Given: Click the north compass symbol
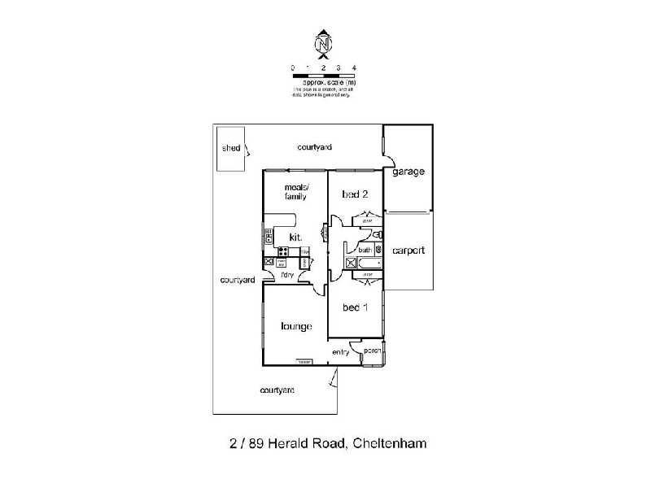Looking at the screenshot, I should [324, 43].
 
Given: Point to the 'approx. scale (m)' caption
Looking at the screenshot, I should [329, 83].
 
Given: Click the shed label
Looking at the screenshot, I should [231, 149].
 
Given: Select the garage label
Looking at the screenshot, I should [407, 172].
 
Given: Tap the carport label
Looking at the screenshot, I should [408, 251].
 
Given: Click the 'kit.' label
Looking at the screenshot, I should [295, 237].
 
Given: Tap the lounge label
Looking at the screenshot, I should [296, 327].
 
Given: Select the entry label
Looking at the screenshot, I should [340, 351].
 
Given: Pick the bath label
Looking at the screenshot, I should [364, 251].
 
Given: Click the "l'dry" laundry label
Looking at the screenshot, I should [286, 276].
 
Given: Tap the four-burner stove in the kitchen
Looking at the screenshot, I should [283, 252].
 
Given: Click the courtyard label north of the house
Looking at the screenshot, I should [314, 147].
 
